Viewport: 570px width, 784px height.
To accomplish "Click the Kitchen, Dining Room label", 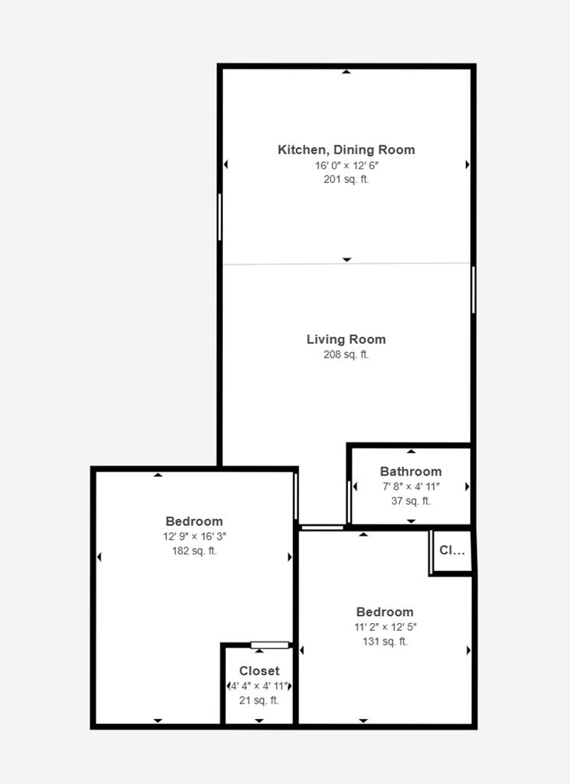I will click(x=346, y=150).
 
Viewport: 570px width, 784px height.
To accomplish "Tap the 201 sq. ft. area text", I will click(x=346, y=179).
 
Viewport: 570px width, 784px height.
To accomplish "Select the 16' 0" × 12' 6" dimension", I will click(x=346, y=165).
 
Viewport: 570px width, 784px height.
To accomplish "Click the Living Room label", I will click(x=346, y=339).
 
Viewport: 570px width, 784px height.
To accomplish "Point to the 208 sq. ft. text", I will click(x=346, y=354).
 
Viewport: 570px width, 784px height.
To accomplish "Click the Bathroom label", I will click(x=411, y=472).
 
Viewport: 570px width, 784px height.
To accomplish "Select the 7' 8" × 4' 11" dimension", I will click(x=411, y=486).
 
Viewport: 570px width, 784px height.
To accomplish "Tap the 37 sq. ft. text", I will click(x=411, y=501).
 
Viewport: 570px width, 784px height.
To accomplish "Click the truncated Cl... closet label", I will click(x=451, y=550).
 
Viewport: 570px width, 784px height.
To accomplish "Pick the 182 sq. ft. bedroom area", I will click(x=194, y=550).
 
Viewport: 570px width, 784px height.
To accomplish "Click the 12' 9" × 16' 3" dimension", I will click(x=194, y=537).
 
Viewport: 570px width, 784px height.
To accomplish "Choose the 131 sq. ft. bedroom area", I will click(x=385, y=642).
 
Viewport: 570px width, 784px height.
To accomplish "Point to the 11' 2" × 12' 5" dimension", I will click(x=385, y=627).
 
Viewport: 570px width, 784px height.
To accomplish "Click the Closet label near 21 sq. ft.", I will click(x=259, y=671).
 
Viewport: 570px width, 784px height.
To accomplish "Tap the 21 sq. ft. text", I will click(x=259, y=700).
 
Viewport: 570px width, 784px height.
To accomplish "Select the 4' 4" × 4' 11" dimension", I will click(x=260, y=686).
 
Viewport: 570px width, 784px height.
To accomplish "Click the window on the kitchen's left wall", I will click(x=220, y=217).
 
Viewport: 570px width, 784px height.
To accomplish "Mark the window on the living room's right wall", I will click(x=474, y=289).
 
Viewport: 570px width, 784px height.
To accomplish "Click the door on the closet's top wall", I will click(x=270, y=645).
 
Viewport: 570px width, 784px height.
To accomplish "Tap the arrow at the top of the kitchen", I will click(x=347, y=72).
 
